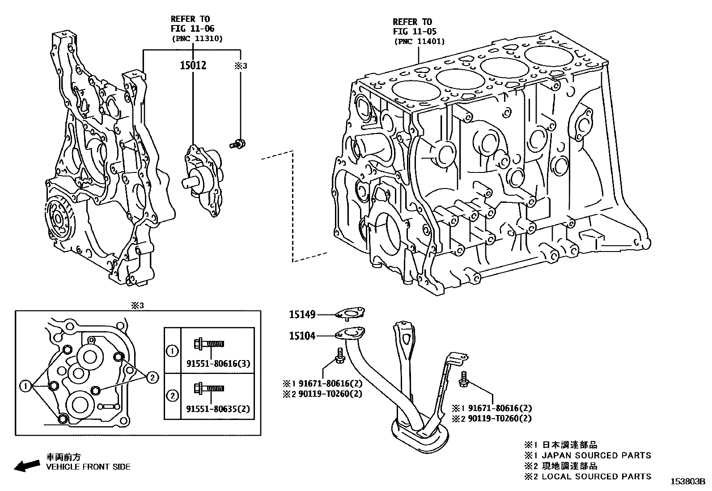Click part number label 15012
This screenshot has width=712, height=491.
193,66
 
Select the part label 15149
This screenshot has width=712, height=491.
302,315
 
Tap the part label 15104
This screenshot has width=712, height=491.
302,336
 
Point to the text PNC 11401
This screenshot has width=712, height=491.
419,42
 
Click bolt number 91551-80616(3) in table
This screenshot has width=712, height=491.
218,364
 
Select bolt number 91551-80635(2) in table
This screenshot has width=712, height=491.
218,408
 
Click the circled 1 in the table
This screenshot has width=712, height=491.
172,351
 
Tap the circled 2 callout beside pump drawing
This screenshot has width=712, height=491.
153,378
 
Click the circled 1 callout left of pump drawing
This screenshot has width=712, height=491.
26,385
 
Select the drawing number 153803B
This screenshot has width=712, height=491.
687,482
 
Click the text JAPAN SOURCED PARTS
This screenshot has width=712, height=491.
596,455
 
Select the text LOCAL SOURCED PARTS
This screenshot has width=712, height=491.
596,476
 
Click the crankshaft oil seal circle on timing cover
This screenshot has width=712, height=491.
59,219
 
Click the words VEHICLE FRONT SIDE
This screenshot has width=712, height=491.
88,466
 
